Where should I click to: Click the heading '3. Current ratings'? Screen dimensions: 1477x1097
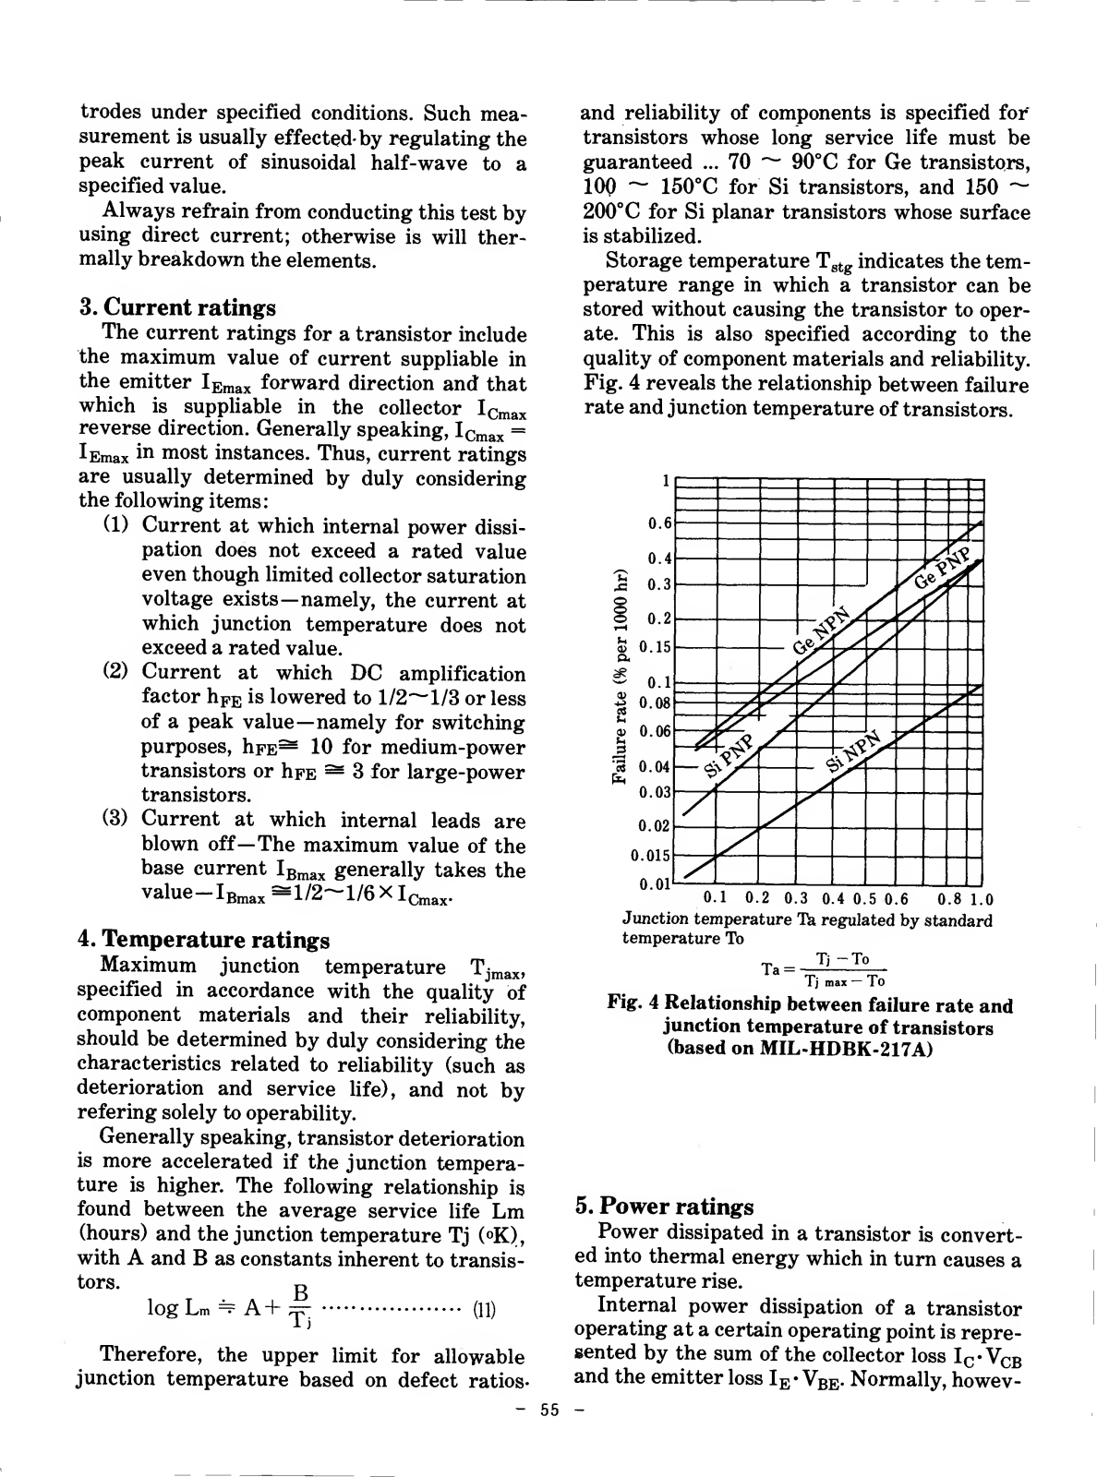pos(177,307)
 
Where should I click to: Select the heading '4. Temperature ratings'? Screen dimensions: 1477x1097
pos(204,941)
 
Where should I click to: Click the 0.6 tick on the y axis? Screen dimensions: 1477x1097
pos(659,523)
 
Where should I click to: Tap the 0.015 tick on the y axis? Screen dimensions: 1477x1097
pos(651,855)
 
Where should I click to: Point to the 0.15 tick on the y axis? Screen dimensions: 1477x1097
pos(656,647)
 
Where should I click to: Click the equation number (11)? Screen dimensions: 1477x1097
pos(485,1309)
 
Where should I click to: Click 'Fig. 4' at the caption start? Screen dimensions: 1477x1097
pos(633,1005)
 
